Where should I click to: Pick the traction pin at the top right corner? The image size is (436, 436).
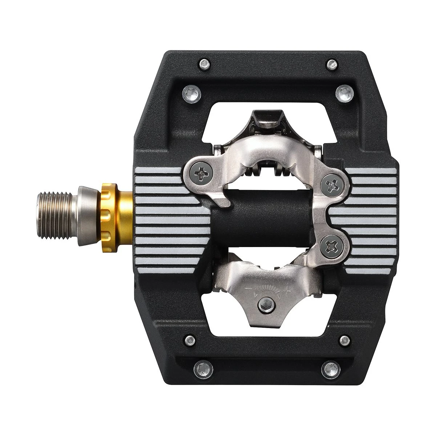(x=331, y=64)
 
